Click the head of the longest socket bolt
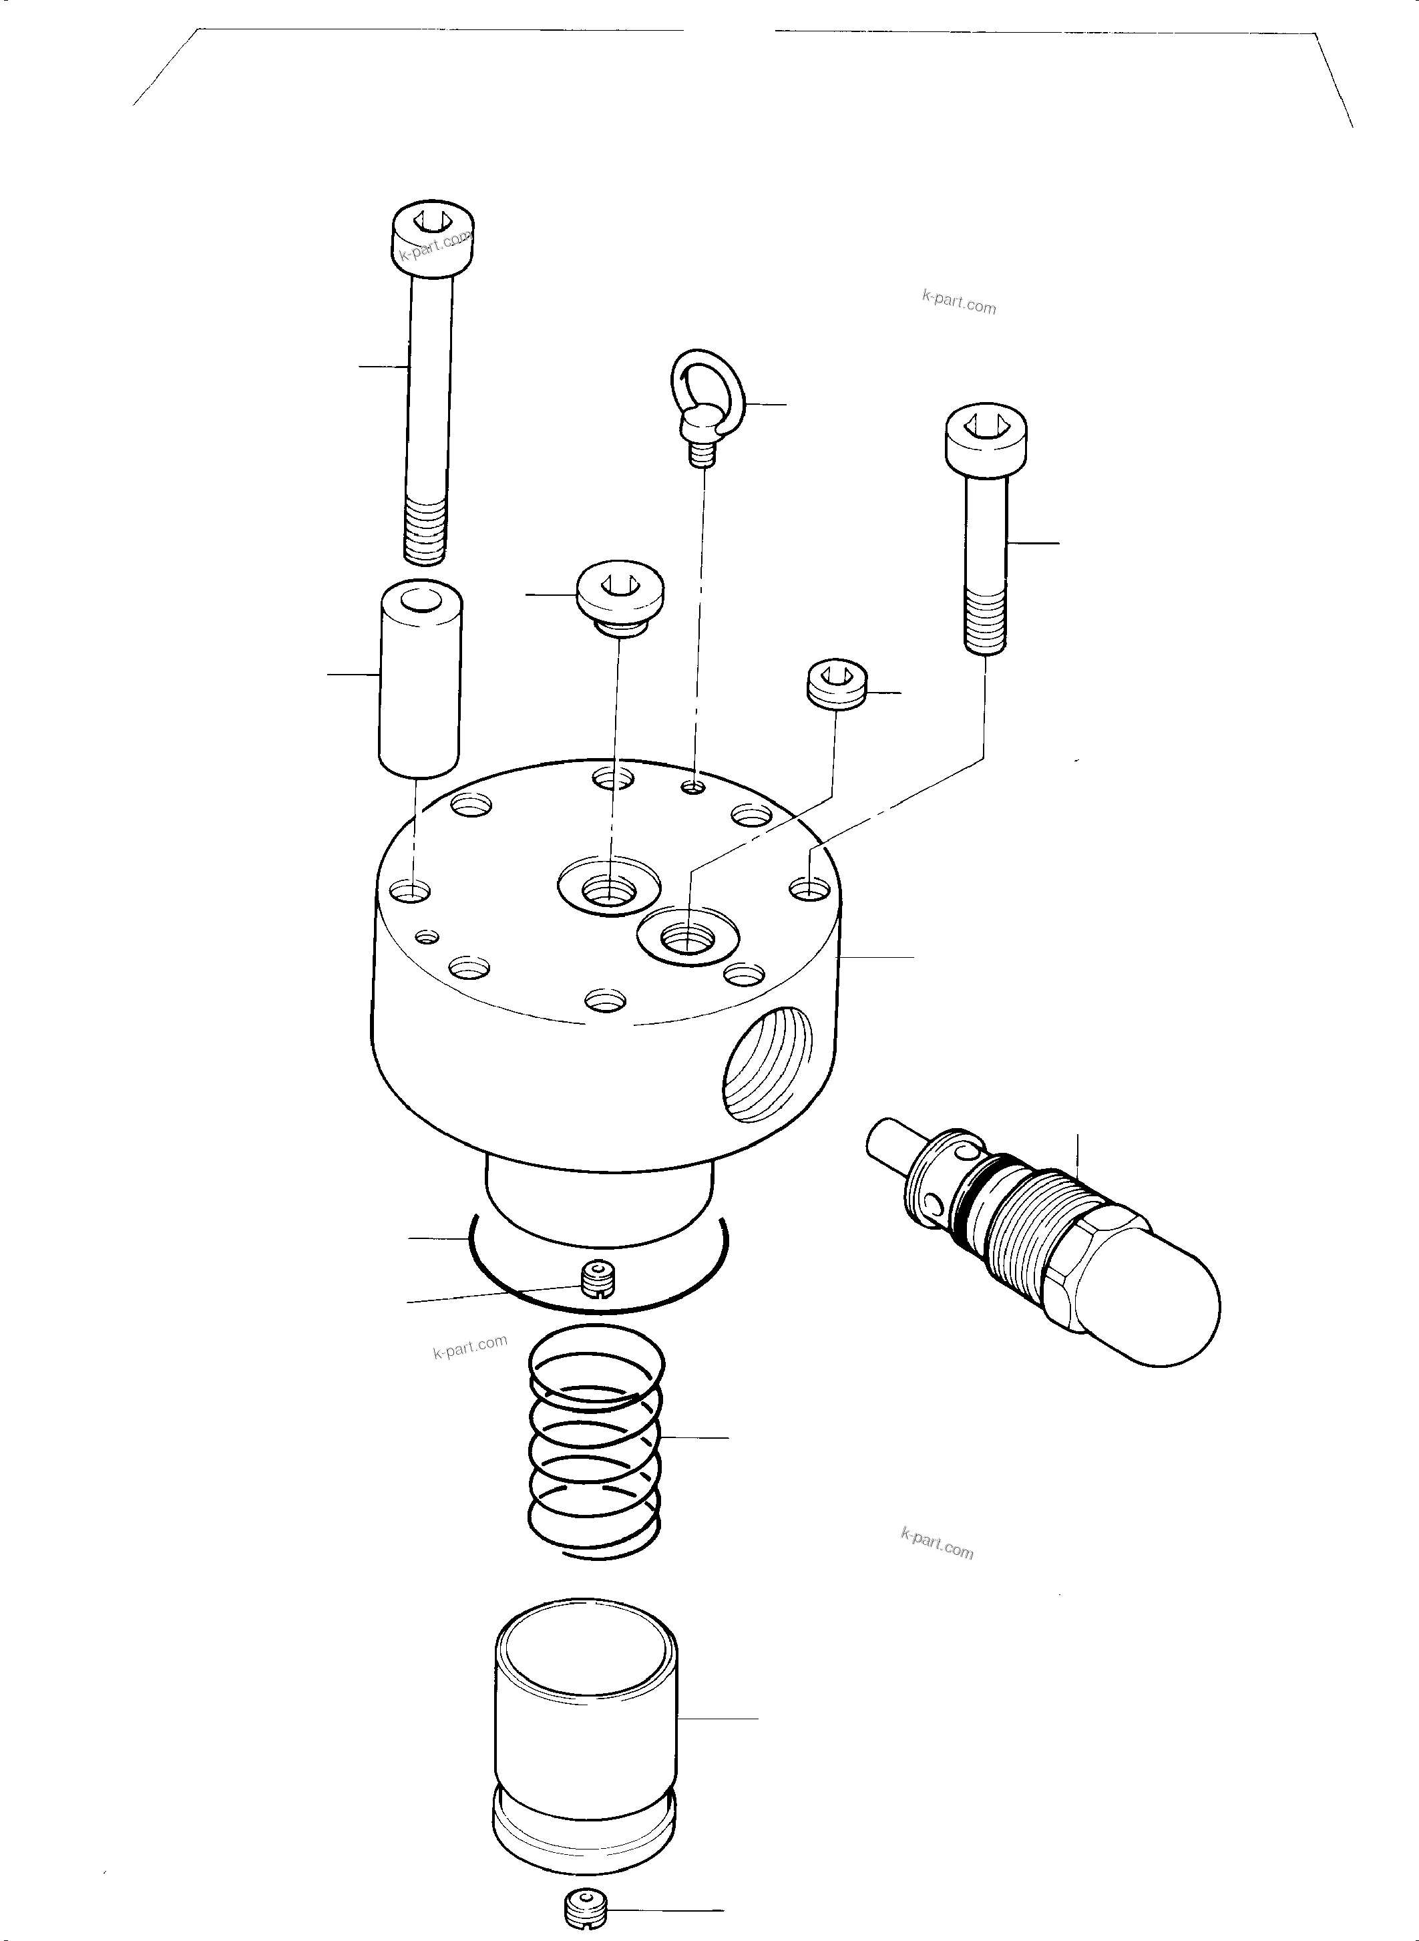[x=433, y=236]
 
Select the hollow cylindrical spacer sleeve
[x=420, y=678]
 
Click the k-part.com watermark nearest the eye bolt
[x=959, y=303]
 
